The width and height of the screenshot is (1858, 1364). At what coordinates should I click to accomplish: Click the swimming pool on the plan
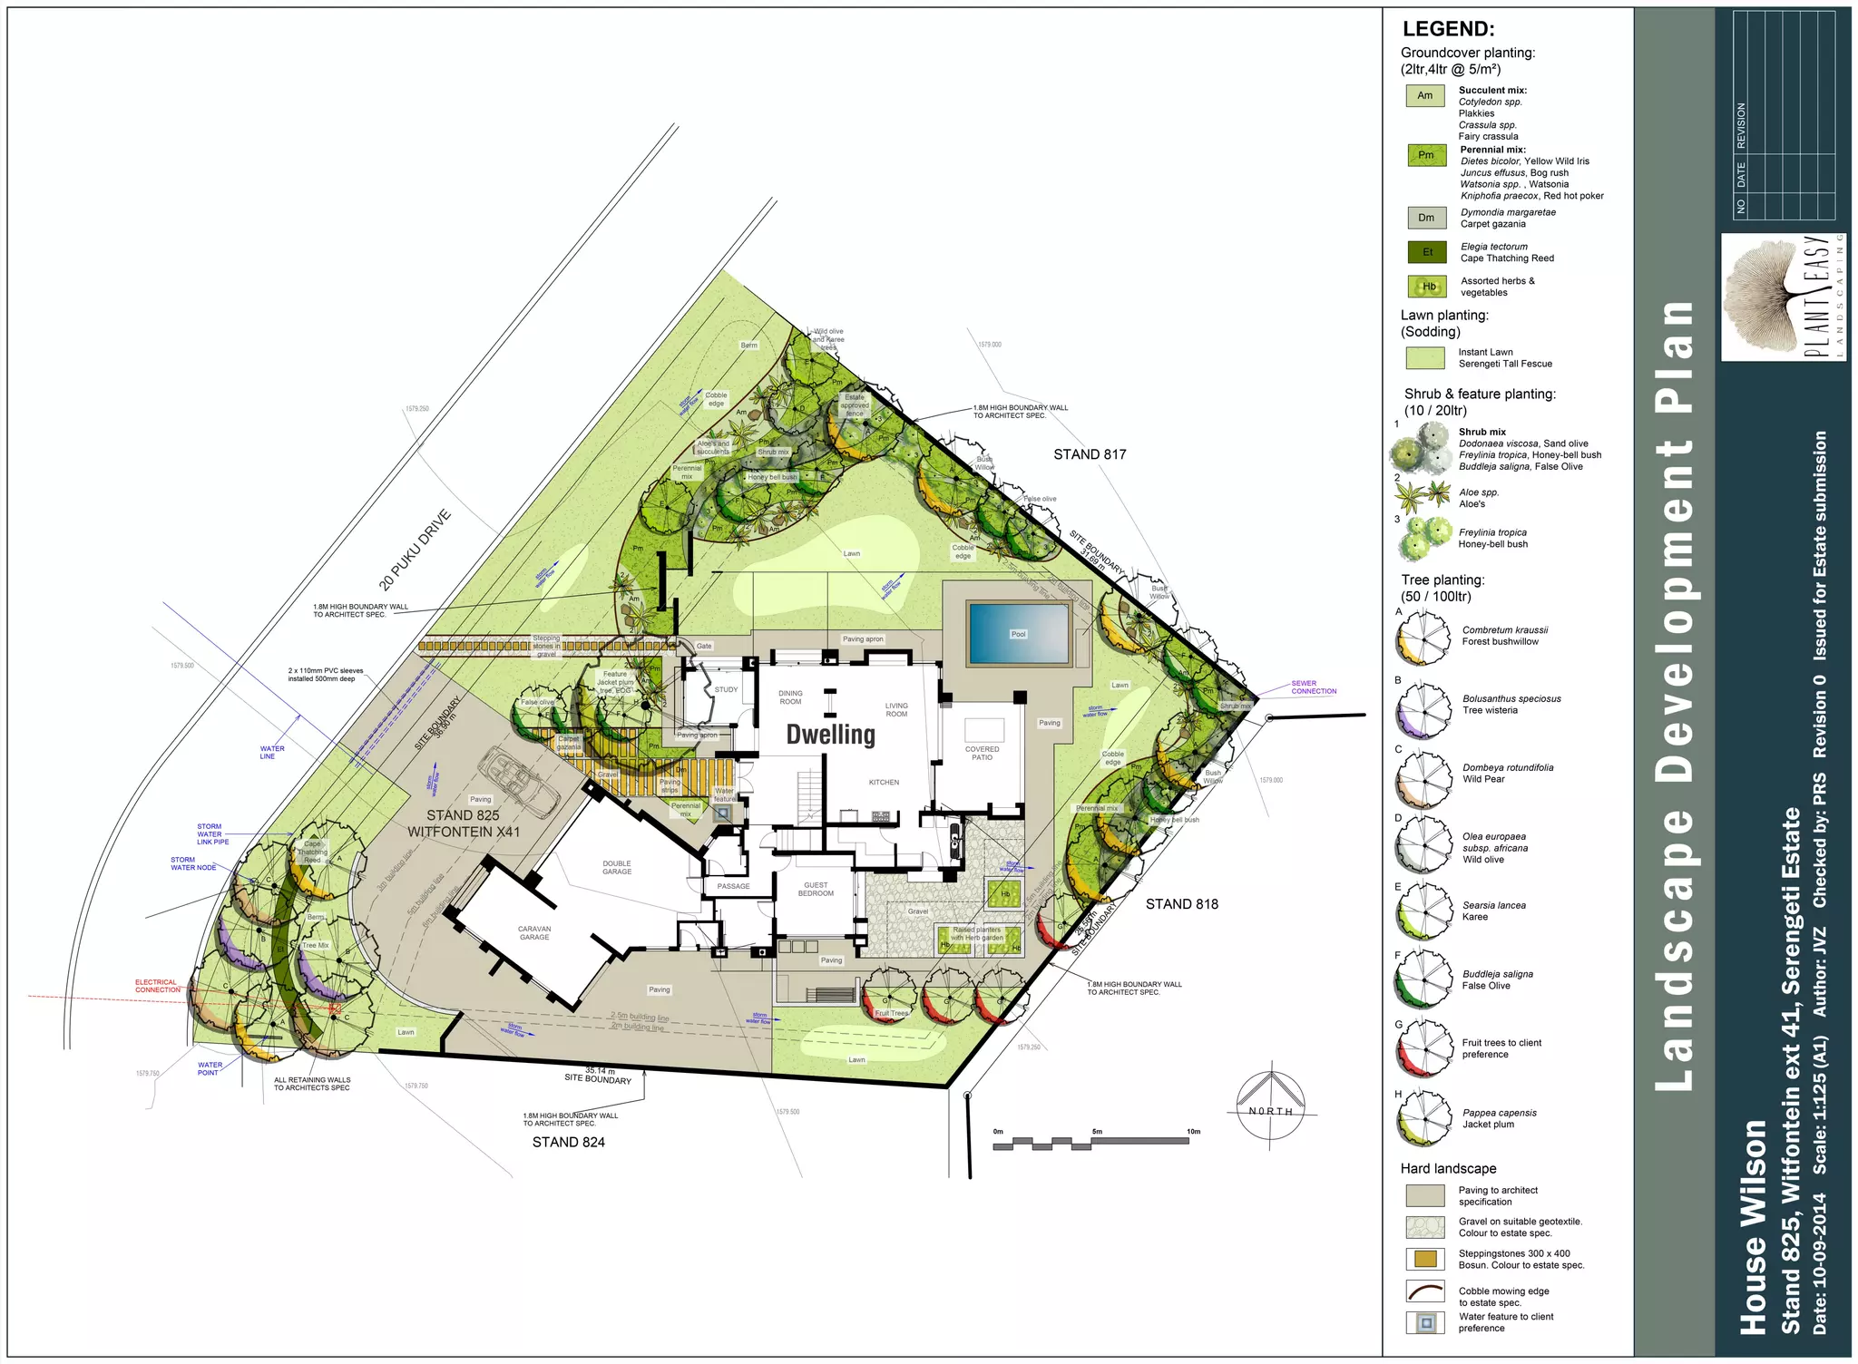point(1018,633)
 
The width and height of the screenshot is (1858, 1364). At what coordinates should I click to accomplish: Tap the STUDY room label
point(726,689)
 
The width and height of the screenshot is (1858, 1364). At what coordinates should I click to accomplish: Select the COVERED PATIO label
point(982,753)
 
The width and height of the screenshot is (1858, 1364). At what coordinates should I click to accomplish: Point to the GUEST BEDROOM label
point(816,889)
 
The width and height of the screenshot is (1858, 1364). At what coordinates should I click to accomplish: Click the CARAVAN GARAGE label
point(534,932)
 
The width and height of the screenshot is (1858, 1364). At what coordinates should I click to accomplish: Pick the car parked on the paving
point(518,782)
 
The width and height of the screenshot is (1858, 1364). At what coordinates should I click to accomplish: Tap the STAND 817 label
point(1090,454)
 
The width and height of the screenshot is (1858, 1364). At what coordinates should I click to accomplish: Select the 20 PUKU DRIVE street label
point(415,550)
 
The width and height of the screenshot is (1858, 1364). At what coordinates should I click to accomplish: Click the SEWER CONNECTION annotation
point(1313,687)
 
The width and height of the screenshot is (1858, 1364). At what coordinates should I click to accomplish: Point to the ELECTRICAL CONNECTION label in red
point(158,986)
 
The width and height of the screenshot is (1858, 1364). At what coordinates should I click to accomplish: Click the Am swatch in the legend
point(1425,96)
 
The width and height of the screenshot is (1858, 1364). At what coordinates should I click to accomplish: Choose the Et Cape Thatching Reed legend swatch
point(1427,252)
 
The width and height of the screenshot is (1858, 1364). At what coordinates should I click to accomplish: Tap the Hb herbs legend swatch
point(1427,287)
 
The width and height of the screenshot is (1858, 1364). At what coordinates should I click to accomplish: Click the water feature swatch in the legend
point(1425,1322)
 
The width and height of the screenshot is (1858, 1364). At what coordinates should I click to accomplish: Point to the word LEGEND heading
point(1448,29)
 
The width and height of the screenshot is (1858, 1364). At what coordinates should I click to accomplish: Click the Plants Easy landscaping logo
point(1783,297)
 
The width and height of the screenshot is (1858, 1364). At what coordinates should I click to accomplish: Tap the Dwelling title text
point(830,735)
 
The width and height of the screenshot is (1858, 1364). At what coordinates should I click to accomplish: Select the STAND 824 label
point(568,1142)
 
